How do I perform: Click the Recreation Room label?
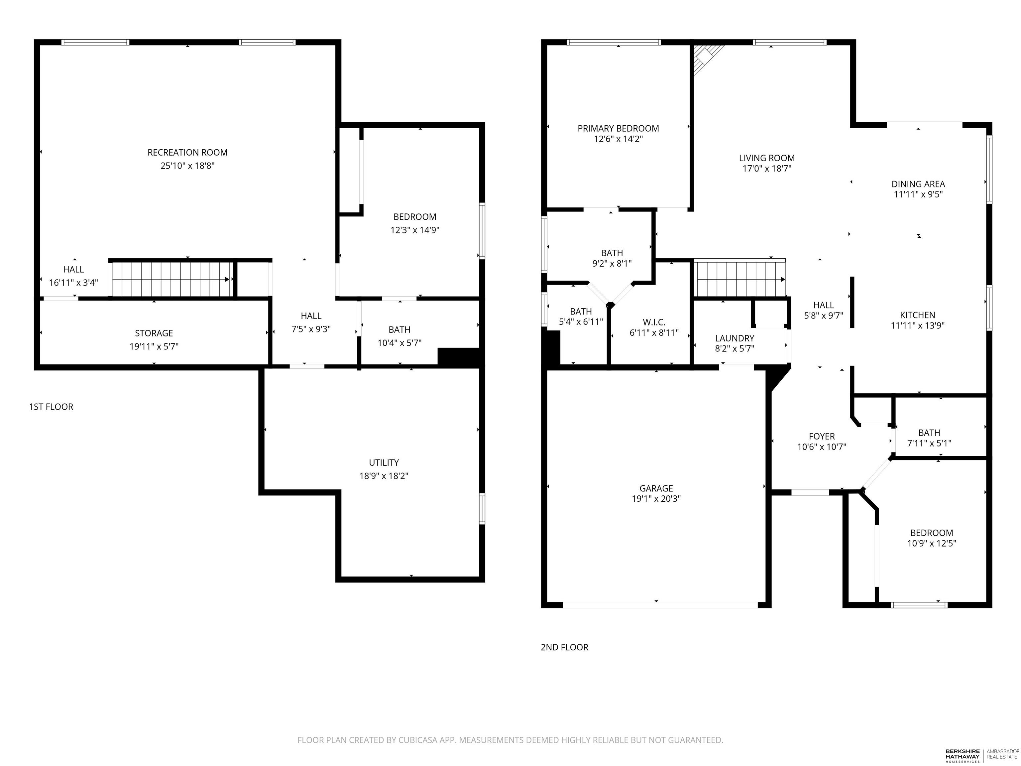coord(187,152)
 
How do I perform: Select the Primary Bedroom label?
coord(618,128)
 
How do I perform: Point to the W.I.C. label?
coord(654,322)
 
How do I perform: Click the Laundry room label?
coord(735,338)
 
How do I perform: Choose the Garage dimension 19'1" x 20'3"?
coord(656,499)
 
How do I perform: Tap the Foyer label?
coord(822,436)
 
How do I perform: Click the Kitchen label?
coord(918,315)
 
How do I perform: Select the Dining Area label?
coord(918,184)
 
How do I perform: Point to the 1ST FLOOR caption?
coord(51,407)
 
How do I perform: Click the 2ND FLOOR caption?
coord(564,647)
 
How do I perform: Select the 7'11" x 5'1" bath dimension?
coord(929,443)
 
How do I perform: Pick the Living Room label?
coord(767,158)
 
